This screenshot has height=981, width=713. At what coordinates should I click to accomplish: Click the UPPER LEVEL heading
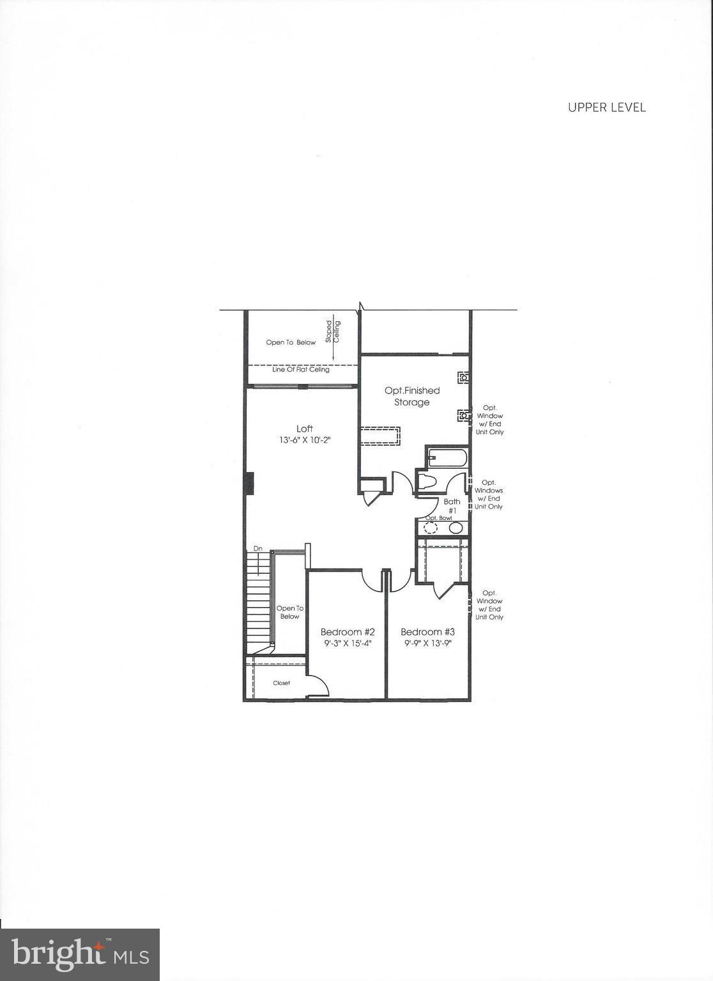606,107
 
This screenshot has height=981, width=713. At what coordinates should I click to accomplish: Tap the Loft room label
305,429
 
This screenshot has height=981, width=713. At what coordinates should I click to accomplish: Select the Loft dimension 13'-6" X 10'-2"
305,441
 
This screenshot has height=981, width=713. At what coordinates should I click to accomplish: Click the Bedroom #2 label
347,632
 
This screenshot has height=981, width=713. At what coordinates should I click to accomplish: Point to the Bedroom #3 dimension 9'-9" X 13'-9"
427,644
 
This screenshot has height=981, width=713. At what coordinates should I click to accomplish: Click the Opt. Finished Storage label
412,396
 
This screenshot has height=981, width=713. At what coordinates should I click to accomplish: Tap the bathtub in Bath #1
448,458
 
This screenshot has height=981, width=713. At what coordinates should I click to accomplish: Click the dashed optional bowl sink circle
431,528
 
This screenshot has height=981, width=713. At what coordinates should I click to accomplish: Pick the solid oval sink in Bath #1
456,528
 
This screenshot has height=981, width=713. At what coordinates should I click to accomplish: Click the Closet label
281,683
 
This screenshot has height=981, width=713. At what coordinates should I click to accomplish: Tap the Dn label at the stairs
258,549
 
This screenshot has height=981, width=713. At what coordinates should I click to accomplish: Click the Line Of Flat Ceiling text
301,369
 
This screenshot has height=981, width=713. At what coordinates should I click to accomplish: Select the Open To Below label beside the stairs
289,612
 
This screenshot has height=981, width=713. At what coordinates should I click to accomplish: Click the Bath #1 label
452,506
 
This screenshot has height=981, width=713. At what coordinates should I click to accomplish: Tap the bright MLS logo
80,955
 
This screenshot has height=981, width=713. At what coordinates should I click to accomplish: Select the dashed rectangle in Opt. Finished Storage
380,436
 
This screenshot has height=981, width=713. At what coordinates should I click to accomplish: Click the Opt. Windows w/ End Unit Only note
488,494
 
